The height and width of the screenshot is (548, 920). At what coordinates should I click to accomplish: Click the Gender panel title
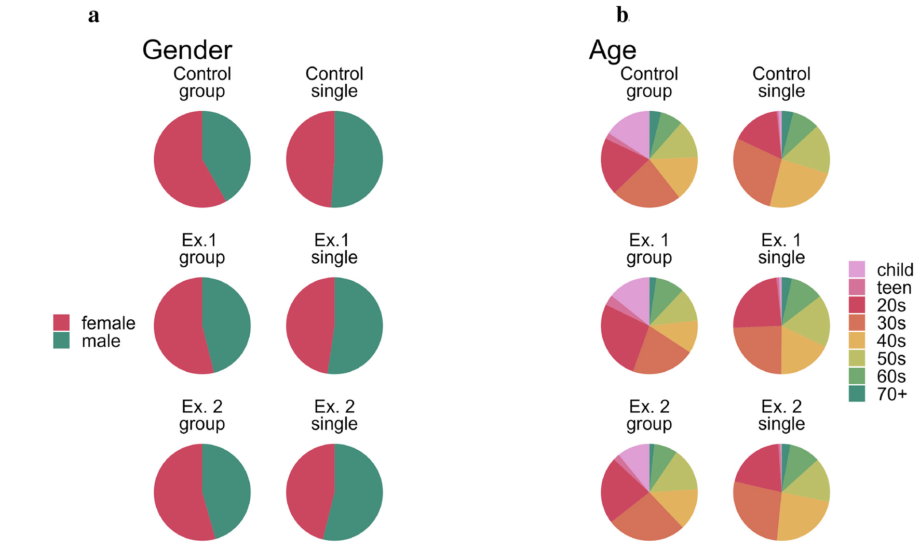point(187,50)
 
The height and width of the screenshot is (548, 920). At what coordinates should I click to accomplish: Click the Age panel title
point(612,50)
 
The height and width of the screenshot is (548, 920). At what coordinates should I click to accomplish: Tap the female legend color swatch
point(61,322)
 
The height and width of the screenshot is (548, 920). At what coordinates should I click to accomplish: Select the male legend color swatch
point(61,341)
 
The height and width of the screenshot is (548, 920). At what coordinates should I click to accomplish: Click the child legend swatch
point(857,269)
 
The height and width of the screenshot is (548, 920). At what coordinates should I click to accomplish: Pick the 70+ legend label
point(891,395)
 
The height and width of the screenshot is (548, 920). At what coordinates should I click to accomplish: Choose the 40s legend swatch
point(857,341)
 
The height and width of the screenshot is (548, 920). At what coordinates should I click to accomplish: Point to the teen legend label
point(894,288)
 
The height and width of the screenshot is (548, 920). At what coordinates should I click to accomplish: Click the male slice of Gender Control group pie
point(226,151)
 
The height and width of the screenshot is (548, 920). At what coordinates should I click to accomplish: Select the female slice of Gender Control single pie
point(309,159)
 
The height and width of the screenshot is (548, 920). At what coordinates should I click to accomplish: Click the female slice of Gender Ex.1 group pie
point(177,328)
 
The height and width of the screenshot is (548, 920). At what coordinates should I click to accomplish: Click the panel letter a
point(93,16)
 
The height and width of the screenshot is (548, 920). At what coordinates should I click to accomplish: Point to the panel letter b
point(621,15)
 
